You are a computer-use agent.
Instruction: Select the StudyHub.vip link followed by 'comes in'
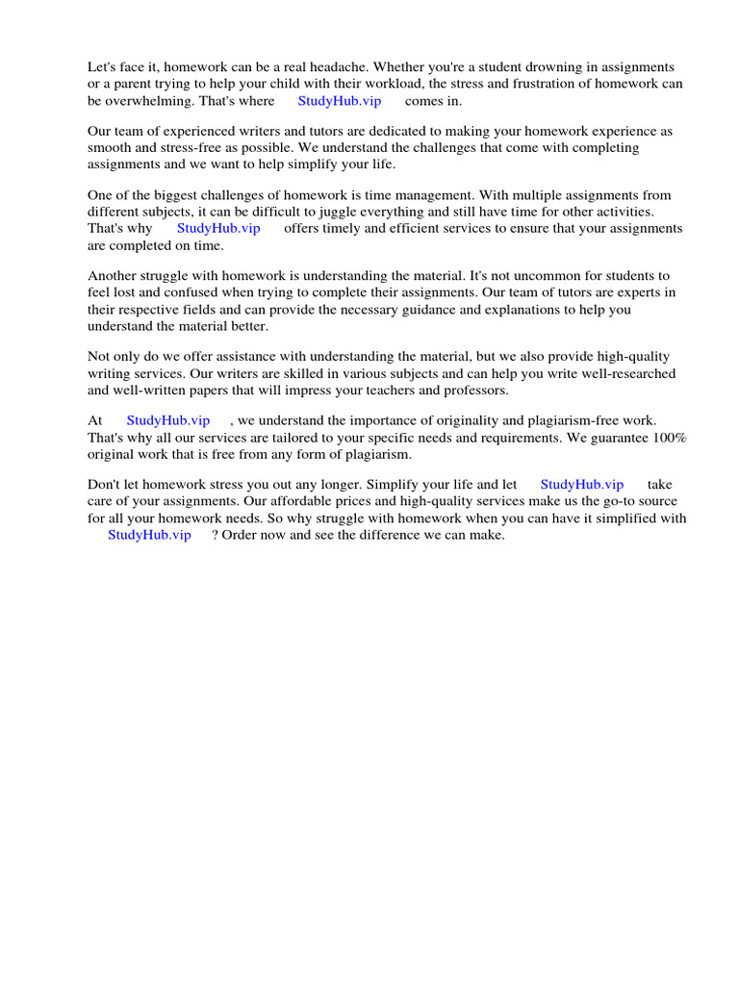click(x=340, y=100)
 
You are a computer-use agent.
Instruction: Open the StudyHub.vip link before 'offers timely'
click(x=218, y=228)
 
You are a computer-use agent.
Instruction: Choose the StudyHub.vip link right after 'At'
click(x=168, y=420)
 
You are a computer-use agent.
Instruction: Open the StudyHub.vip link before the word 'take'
click(x=582, y=485)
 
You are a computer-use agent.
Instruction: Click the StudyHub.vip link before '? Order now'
click(x=149, y=535)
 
